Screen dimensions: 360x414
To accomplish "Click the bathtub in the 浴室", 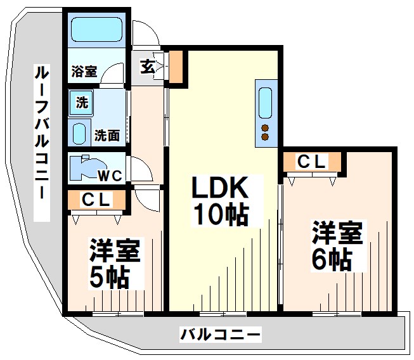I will click(96, 29).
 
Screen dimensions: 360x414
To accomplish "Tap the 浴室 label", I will click(84, 70).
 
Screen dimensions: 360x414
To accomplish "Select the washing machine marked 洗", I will click(82, 102).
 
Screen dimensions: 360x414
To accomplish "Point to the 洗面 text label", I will click(107, 135).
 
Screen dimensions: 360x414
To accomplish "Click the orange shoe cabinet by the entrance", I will click(176, 67).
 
